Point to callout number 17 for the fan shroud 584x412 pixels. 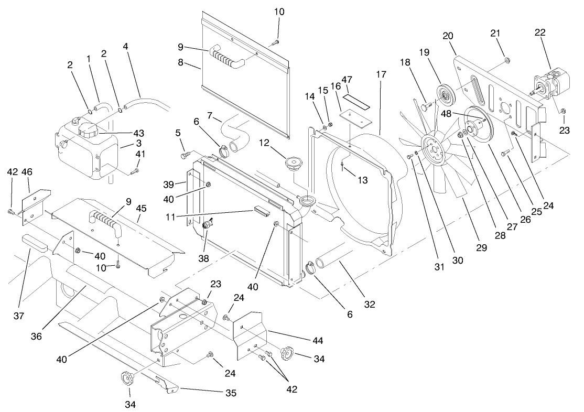381,74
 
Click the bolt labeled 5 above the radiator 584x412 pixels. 185,155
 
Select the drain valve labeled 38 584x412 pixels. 207,226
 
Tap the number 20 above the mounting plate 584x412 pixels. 448,35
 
